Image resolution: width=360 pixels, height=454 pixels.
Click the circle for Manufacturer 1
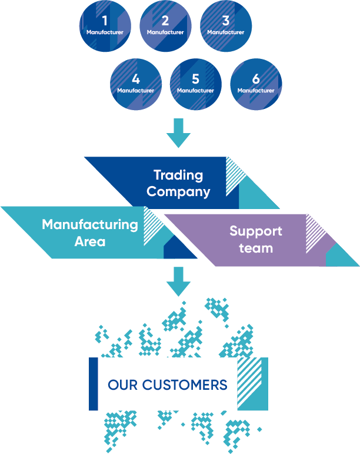pyautogui.click(x=105, y=26)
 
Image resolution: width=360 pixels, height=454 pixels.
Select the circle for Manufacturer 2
pyautogui.click(x=165, y=26)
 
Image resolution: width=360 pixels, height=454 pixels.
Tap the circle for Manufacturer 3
pyautogui.click(x=226, y=26)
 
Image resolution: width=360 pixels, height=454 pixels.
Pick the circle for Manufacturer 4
pyautogui.click(x=136, y=85)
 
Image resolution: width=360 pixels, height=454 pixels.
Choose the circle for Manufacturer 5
pyautogui.click(x=196, y=85)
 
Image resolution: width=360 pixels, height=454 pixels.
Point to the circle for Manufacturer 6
pyautogui.click(x=256, y=85)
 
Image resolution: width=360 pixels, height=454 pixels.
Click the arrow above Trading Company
pyautogui.click(x=178, y=134)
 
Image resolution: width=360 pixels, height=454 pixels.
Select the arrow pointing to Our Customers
pyautogui.click(x=178, y=281)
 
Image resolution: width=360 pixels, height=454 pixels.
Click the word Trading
pyautogui.click(x=178, y=175)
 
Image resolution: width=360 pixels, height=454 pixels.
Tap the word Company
pyautogui.click(x=178, y=191)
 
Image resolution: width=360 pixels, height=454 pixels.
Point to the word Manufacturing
pyautogui.click(x=90, y=224)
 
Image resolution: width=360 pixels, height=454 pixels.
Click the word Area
pyautogui.click(x=90, y=241)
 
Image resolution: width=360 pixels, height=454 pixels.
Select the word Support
pyautogui.click(x=256, y=231)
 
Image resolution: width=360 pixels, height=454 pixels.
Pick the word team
pyautogui.click(x=256, y=247)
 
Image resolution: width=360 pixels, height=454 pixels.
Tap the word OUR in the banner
pyautogui.click(x=122, y=385)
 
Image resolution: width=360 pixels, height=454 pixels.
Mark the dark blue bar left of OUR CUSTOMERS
pyautogui.click(x=93, y=383)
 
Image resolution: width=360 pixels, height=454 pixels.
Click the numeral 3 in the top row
pyautogui.click(x=226, y=21)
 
